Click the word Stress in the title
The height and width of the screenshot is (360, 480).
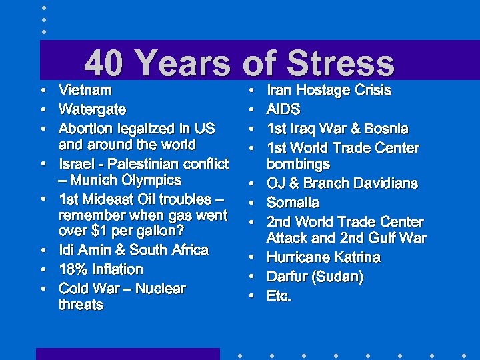click(341, 65)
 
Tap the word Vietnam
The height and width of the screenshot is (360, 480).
click(85, 89)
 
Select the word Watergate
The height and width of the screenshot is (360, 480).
click(92, 109)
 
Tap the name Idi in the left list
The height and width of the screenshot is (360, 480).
click(67, 250)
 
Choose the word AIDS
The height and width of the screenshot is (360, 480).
click(283, 109)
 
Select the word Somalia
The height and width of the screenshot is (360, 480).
click(293, 203)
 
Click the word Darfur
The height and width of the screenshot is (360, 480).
click(287, 277)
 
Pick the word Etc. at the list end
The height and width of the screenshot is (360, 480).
click(279, 296)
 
